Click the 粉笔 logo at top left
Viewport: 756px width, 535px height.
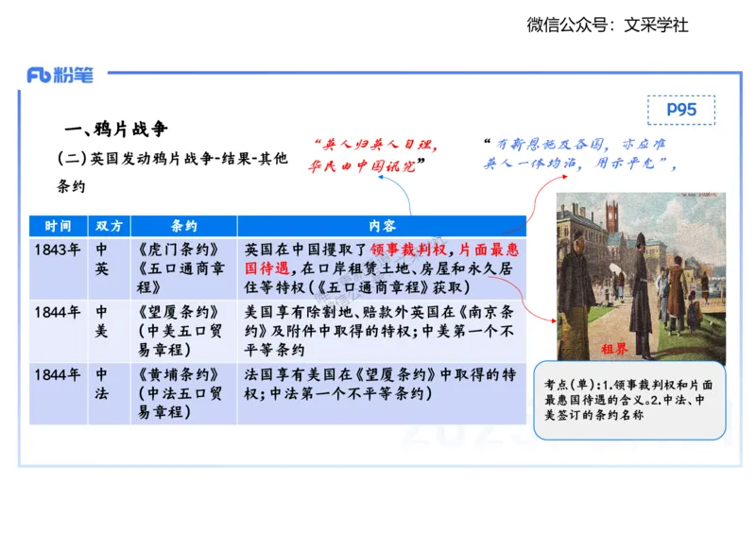click(60, 76)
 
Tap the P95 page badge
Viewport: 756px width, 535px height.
click(680, 110)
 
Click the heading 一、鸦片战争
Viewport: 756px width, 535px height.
click(115, 129)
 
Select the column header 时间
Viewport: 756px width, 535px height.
click(58, 227)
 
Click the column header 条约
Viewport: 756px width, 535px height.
click(183, 227)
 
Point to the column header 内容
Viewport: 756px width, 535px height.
click(382, 227)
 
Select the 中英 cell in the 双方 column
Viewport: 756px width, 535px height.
click(101, 259)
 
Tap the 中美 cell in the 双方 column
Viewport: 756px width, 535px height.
click(101, 321)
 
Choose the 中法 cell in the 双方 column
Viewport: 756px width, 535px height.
click(101, 384)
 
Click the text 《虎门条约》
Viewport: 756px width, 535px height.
click(181, 250)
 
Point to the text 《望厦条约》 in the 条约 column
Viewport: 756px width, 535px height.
click(181, 312)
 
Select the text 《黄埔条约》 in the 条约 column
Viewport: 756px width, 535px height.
click(181, 374)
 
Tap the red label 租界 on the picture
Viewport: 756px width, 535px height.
click(614, 348)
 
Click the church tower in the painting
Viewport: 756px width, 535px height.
click(612, 217)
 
